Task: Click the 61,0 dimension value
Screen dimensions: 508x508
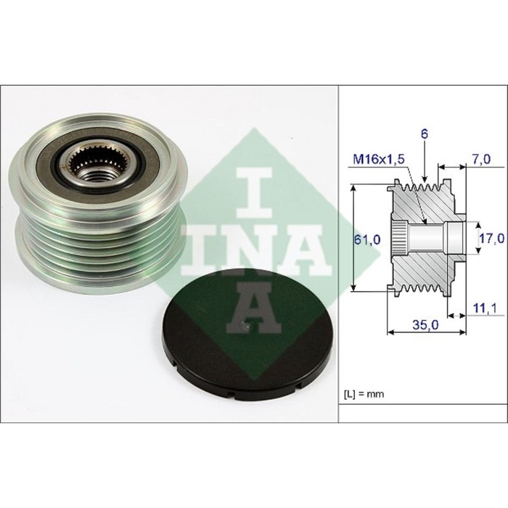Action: pyautogui.click(x=367, y=239)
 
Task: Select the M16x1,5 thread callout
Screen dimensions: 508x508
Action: pyautogui.click(x=379, y=160)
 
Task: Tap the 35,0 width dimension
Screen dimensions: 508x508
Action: pyautogui.click(x=425, y=324)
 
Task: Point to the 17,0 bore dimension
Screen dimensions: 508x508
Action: pyautogui.click(x=492, y=239)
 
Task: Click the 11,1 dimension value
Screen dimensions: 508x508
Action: pyautogui.click(x=486, y=308)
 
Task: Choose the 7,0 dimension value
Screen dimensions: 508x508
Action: pyautogui.click(x=481, y=159)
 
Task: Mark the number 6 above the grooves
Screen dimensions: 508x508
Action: pyautogui.click(x=425, y=134)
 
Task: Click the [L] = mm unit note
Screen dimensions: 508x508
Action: pyautogui.click(x=364, y=394)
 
